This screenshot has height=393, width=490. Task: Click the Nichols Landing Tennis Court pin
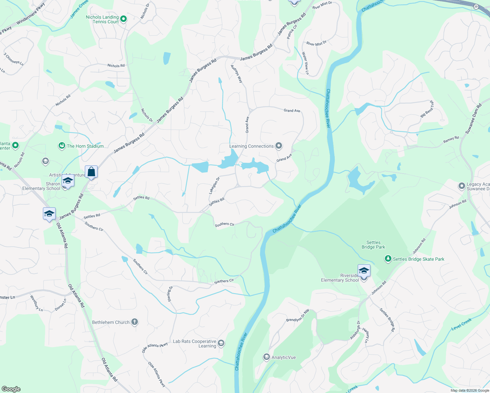(123, 19)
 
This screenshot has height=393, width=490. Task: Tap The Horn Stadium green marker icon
(62, 146)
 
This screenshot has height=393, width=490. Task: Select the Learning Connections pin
(279, 146)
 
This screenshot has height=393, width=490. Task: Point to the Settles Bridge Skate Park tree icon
(388, 259)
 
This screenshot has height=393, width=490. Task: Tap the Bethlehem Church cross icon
(135, 322)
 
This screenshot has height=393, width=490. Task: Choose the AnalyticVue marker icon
(267, 357)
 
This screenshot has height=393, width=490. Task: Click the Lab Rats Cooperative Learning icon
(221, 343)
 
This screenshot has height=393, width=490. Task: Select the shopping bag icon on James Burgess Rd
(91, 172)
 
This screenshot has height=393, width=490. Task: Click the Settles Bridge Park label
(373, 245)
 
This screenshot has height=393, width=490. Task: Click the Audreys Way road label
(236, 74)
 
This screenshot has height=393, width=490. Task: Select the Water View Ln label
(305, 63)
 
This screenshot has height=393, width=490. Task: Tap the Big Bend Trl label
(427, 109)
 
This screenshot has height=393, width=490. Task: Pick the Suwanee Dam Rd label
(474, 119)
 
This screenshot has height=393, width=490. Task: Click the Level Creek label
(461, 324)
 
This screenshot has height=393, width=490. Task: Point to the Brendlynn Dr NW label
(298, 315)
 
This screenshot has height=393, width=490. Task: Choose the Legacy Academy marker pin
(462, 186)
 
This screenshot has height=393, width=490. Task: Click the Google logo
(11, 389)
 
